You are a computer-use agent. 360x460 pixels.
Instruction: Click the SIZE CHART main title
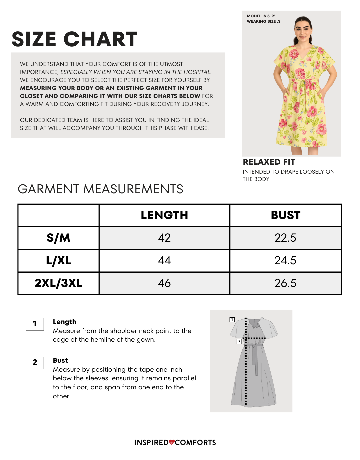74,39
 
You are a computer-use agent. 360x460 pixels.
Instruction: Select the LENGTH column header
164,215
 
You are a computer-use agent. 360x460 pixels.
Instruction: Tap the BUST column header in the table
286,215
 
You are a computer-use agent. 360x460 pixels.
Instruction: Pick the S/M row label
58,238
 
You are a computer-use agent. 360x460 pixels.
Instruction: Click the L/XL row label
58,261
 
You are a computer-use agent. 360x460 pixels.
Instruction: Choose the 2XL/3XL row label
58,283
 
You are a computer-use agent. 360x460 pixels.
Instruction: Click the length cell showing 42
164,238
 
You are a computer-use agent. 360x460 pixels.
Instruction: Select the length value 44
164,261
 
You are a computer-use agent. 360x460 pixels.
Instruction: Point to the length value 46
164,283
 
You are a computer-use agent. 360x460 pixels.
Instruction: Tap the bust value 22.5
285,238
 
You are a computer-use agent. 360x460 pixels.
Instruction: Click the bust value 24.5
285,261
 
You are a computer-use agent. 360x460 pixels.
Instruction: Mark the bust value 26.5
285,283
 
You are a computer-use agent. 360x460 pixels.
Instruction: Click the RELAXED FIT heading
269,162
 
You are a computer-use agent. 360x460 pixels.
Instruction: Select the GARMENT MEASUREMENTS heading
100,189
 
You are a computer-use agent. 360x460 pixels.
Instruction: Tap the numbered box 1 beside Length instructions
35,324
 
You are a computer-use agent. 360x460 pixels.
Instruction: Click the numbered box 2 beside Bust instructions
35,363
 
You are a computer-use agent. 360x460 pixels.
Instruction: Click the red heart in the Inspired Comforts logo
172,442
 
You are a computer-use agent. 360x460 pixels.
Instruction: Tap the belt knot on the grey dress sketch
254,346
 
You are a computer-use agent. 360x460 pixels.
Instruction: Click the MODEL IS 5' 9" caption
261,16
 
